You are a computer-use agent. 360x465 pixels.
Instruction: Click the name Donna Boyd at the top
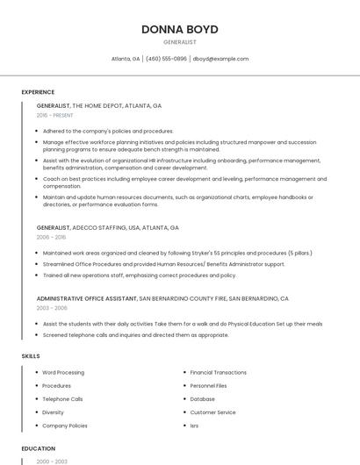point(179,29)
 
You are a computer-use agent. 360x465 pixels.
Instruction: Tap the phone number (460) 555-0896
point(166,59)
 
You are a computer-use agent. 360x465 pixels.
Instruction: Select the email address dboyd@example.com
point(220,59)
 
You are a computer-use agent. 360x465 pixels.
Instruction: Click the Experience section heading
point(38,92)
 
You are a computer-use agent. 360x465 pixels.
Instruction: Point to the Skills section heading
point(30,356)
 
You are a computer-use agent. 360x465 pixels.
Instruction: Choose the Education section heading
point(38,448)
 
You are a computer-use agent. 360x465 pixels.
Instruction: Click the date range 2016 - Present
point(55,115)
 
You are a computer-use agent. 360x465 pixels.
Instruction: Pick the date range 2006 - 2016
point(50,237)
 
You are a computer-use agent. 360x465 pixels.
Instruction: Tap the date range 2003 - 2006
point(51,308)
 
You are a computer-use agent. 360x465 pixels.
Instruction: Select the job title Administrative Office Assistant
point(87,298)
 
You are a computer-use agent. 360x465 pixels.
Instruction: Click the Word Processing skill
point(63,372)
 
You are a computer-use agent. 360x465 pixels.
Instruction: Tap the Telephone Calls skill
point(62,398)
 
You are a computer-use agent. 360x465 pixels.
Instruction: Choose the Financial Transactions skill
point(218,372)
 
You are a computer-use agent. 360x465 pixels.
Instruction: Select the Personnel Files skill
point(208,385)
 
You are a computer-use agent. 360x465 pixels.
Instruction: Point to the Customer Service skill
point(212,411)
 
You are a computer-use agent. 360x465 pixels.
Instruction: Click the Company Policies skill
point(65,425)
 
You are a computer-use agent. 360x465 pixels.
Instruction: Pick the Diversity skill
point(53,411)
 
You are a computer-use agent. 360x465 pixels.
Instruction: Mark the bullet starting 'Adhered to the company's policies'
point(108,131)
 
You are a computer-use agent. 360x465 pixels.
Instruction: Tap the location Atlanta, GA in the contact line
point(126,59)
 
